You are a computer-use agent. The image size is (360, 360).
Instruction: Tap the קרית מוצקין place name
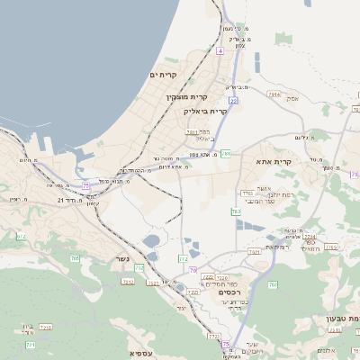coord(186,96)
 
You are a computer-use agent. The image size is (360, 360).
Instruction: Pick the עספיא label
coord(141,353)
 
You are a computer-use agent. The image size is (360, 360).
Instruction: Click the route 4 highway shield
coord(220,51)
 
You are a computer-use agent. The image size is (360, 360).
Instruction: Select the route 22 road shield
coord(233,101)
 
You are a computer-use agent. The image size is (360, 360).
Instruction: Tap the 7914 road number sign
coord(274,94)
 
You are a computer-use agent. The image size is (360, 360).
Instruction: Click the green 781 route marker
coord(226,154)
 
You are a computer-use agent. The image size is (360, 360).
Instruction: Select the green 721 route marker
coord(30,345)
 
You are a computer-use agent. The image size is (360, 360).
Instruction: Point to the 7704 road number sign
coord(247,193)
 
